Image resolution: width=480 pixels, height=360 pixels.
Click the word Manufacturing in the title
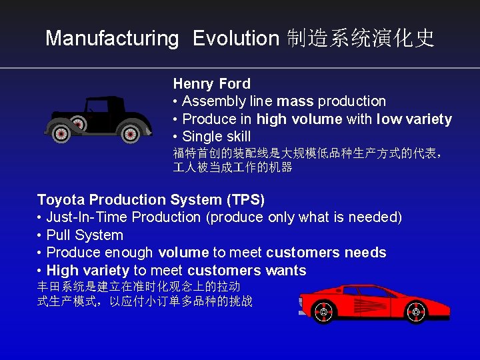pos(112,39)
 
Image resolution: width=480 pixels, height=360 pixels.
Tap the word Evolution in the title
pos(235,39)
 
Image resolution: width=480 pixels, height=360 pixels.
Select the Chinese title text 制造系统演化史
pos(360,39)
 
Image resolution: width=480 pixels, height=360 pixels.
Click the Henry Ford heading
pos(211,84)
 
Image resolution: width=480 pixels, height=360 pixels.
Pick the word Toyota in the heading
pos(60,200)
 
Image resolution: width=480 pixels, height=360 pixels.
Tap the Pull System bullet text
pos(85,235)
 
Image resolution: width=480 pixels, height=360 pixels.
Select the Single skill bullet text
pos(216,137)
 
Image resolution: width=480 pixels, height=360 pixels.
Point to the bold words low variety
pos(414,119)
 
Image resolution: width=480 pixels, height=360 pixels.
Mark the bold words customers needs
pos(326,253)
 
